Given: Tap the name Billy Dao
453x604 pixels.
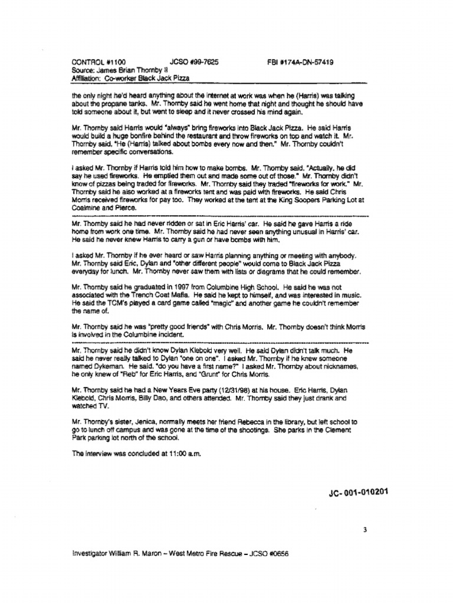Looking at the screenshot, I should [156, 399].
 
